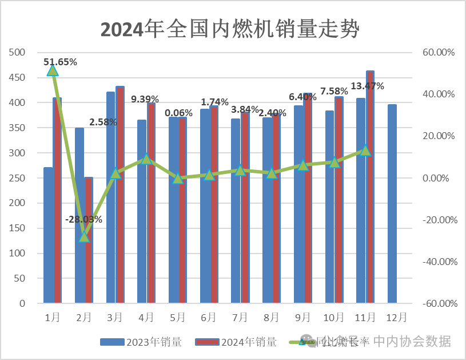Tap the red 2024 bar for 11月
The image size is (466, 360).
coord(370,187)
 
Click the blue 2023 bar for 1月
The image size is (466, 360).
coord(49,235)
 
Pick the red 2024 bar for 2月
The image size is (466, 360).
coord(89,240)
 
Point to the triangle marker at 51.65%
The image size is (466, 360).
coord(53,70)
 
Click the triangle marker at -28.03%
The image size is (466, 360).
coord(84,236)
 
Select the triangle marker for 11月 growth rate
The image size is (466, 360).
coord(365,151)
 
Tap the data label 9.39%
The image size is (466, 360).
coord(146,99)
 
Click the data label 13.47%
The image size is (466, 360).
coord(367,86)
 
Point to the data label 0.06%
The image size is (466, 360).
coord(178,113)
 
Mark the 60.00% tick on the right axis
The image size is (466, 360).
coord(438,53)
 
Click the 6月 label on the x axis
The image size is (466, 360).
coord(209,317)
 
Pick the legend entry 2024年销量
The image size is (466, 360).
coord(236,342)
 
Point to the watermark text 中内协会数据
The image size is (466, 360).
coord(412,342)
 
